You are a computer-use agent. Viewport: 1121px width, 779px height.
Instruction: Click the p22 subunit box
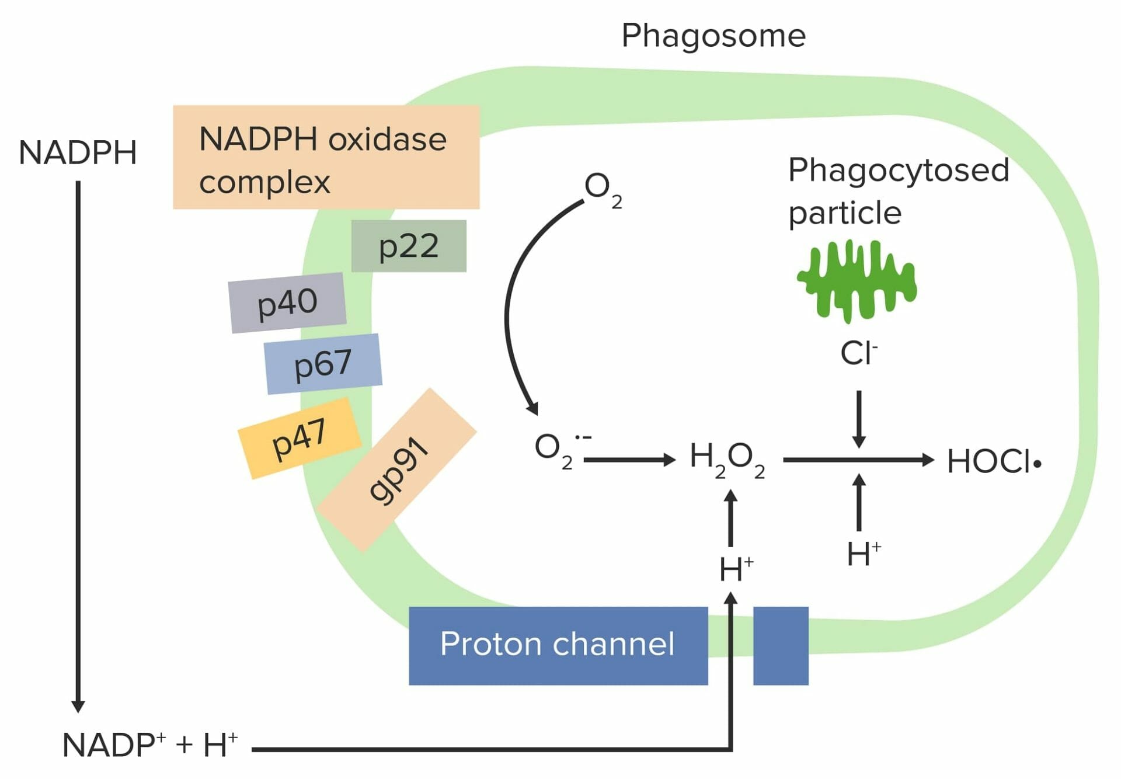click(x=409, y=246)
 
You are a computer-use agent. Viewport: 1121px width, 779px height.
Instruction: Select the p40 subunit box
click(x=287, y=302)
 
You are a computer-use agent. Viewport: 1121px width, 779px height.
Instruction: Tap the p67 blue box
click(x=323, y=364)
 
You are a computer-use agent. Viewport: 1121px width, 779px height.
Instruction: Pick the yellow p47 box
click(x=299, y=438)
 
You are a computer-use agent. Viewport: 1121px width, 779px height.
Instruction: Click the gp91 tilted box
click(x=398, y=469)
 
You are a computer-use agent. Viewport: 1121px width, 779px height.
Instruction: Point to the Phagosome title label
click(x=713, y=36)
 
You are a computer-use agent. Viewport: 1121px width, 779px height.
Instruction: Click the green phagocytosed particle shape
click(x=857, y=281)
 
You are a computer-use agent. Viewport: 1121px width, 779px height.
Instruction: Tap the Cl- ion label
click(x=858, y=353)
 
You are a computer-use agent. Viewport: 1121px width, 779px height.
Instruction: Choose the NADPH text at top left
click(x=78, y=153)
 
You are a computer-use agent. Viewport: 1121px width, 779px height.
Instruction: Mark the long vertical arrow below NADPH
click(x=78, y=444)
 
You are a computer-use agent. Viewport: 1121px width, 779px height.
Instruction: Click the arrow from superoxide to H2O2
click(x=629, y=460)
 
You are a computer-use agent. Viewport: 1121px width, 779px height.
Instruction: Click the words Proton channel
click(x=557, y=644)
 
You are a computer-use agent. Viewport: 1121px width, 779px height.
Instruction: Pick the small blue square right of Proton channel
click(x=781, y=645)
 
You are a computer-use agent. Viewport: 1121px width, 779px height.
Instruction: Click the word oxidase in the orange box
click(x=387, y=140)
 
